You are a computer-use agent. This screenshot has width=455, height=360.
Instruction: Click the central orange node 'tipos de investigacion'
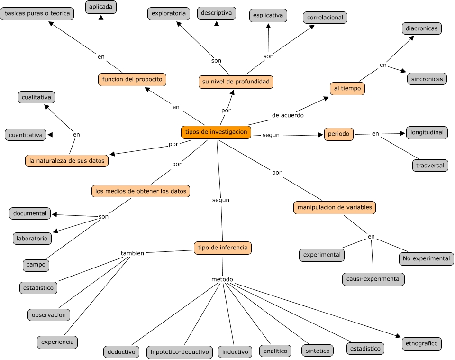click(216, 132)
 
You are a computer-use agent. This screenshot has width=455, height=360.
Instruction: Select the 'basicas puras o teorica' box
click(37, 13)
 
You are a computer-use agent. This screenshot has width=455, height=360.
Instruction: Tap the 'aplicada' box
click(101, 7)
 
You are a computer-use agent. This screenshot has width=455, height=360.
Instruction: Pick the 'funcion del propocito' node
click(132, 79)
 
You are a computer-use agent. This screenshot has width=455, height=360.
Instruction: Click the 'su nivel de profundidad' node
click(236, 82)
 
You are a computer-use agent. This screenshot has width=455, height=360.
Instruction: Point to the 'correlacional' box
click(325, 18)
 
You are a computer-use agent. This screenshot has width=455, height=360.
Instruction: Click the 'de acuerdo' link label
click(288, 115)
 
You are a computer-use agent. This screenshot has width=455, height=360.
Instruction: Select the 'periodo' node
click(338, 134)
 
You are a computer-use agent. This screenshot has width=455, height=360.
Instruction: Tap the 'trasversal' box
click(430, 166)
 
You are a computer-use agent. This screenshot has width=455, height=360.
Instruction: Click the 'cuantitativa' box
click(26, 135)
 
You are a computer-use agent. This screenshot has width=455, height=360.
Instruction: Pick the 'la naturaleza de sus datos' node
click(67, 161)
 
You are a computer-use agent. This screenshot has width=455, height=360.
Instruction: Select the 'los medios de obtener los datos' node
click(141, 191)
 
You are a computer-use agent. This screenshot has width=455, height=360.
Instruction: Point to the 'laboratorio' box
click(32, 239)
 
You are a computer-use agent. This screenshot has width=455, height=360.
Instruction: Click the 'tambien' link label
click(132, 253)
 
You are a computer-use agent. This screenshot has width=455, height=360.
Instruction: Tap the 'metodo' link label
click(222, 279)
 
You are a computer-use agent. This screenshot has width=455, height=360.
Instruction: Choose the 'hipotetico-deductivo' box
click(180, 352)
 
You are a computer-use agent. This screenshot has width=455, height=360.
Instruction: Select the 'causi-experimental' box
click(373, 279)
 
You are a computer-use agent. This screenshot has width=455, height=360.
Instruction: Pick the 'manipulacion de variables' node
click(335, 207)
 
